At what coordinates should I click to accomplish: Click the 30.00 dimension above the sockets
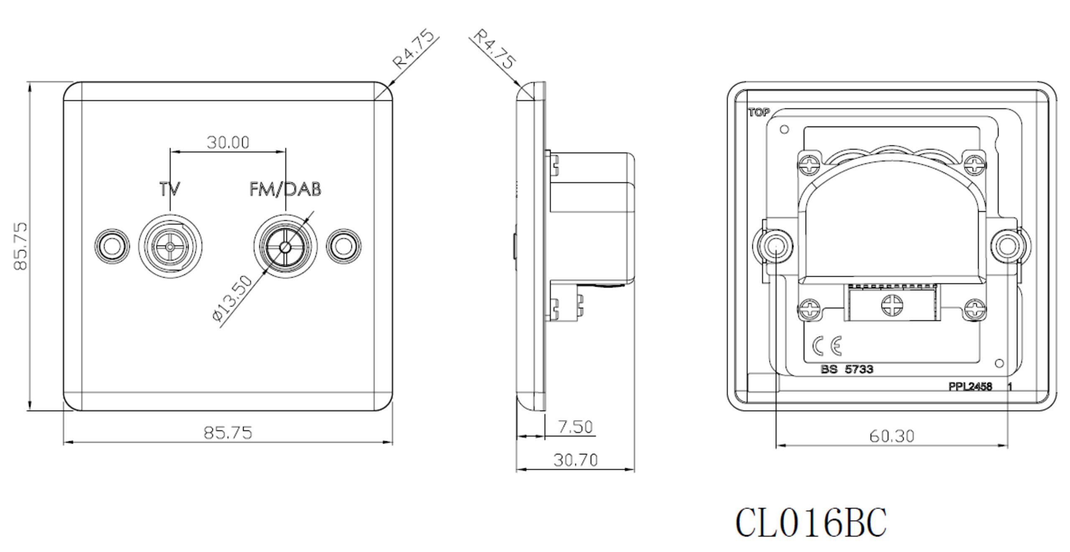[228, 142]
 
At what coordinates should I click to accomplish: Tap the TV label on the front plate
[170, 189]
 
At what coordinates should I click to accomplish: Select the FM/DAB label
[285, 189]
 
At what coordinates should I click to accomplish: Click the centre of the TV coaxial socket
[170, 247]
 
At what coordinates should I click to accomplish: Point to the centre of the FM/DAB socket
[285, 247]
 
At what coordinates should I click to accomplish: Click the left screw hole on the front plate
[111, 247]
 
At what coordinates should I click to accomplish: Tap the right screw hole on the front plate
[344, 247]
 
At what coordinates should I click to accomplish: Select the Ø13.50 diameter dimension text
[232, 299]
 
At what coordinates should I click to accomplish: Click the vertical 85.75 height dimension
[20, 246]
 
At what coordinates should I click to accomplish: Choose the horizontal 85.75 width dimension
[228, 433]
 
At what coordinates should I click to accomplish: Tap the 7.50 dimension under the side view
[576, 427]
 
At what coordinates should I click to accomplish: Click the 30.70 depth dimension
[576, 460]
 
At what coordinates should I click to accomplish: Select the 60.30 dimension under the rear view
[892, 436]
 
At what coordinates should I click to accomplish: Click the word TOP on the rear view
[759, 112]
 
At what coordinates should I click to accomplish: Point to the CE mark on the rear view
[827, 346]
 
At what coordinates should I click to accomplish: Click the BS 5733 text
[847, 370]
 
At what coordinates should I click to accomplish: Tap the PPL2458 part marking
[970, 387]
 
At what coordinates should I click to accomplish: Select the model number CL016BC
[811, 522]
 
